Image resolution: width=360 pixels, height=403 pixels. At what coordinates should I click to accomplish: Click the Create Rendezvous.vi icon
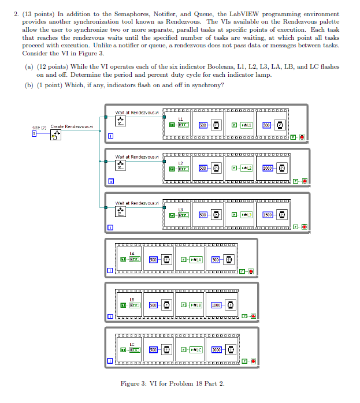(57, 135)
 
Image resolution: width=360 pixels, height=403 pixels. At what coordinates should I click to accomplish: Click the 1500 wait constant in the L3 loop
(268, 214)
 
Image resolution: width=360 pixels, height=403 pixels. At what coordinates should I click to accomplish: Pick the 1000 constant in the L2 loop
(268, 168)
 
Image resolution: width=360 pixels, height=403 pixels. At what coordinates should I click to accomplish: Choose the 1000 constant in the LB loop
(216, 304)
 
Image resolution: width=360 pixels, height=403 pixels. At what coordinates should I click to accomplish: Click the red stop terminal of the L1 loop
(302, 137)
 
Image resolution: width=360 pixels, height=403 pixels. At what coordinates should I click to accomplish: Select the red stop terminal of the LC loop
(253, 361)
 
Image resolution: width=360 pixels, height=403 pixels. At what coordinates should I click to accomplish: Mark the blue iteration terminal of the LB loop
(110, 316)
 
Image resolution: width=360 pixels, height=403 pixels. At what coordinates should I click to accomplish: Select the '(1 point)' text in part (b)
(52, 85)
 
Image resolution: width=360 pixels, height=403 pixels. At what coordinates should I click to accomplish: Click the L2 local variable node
(247, 168)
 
